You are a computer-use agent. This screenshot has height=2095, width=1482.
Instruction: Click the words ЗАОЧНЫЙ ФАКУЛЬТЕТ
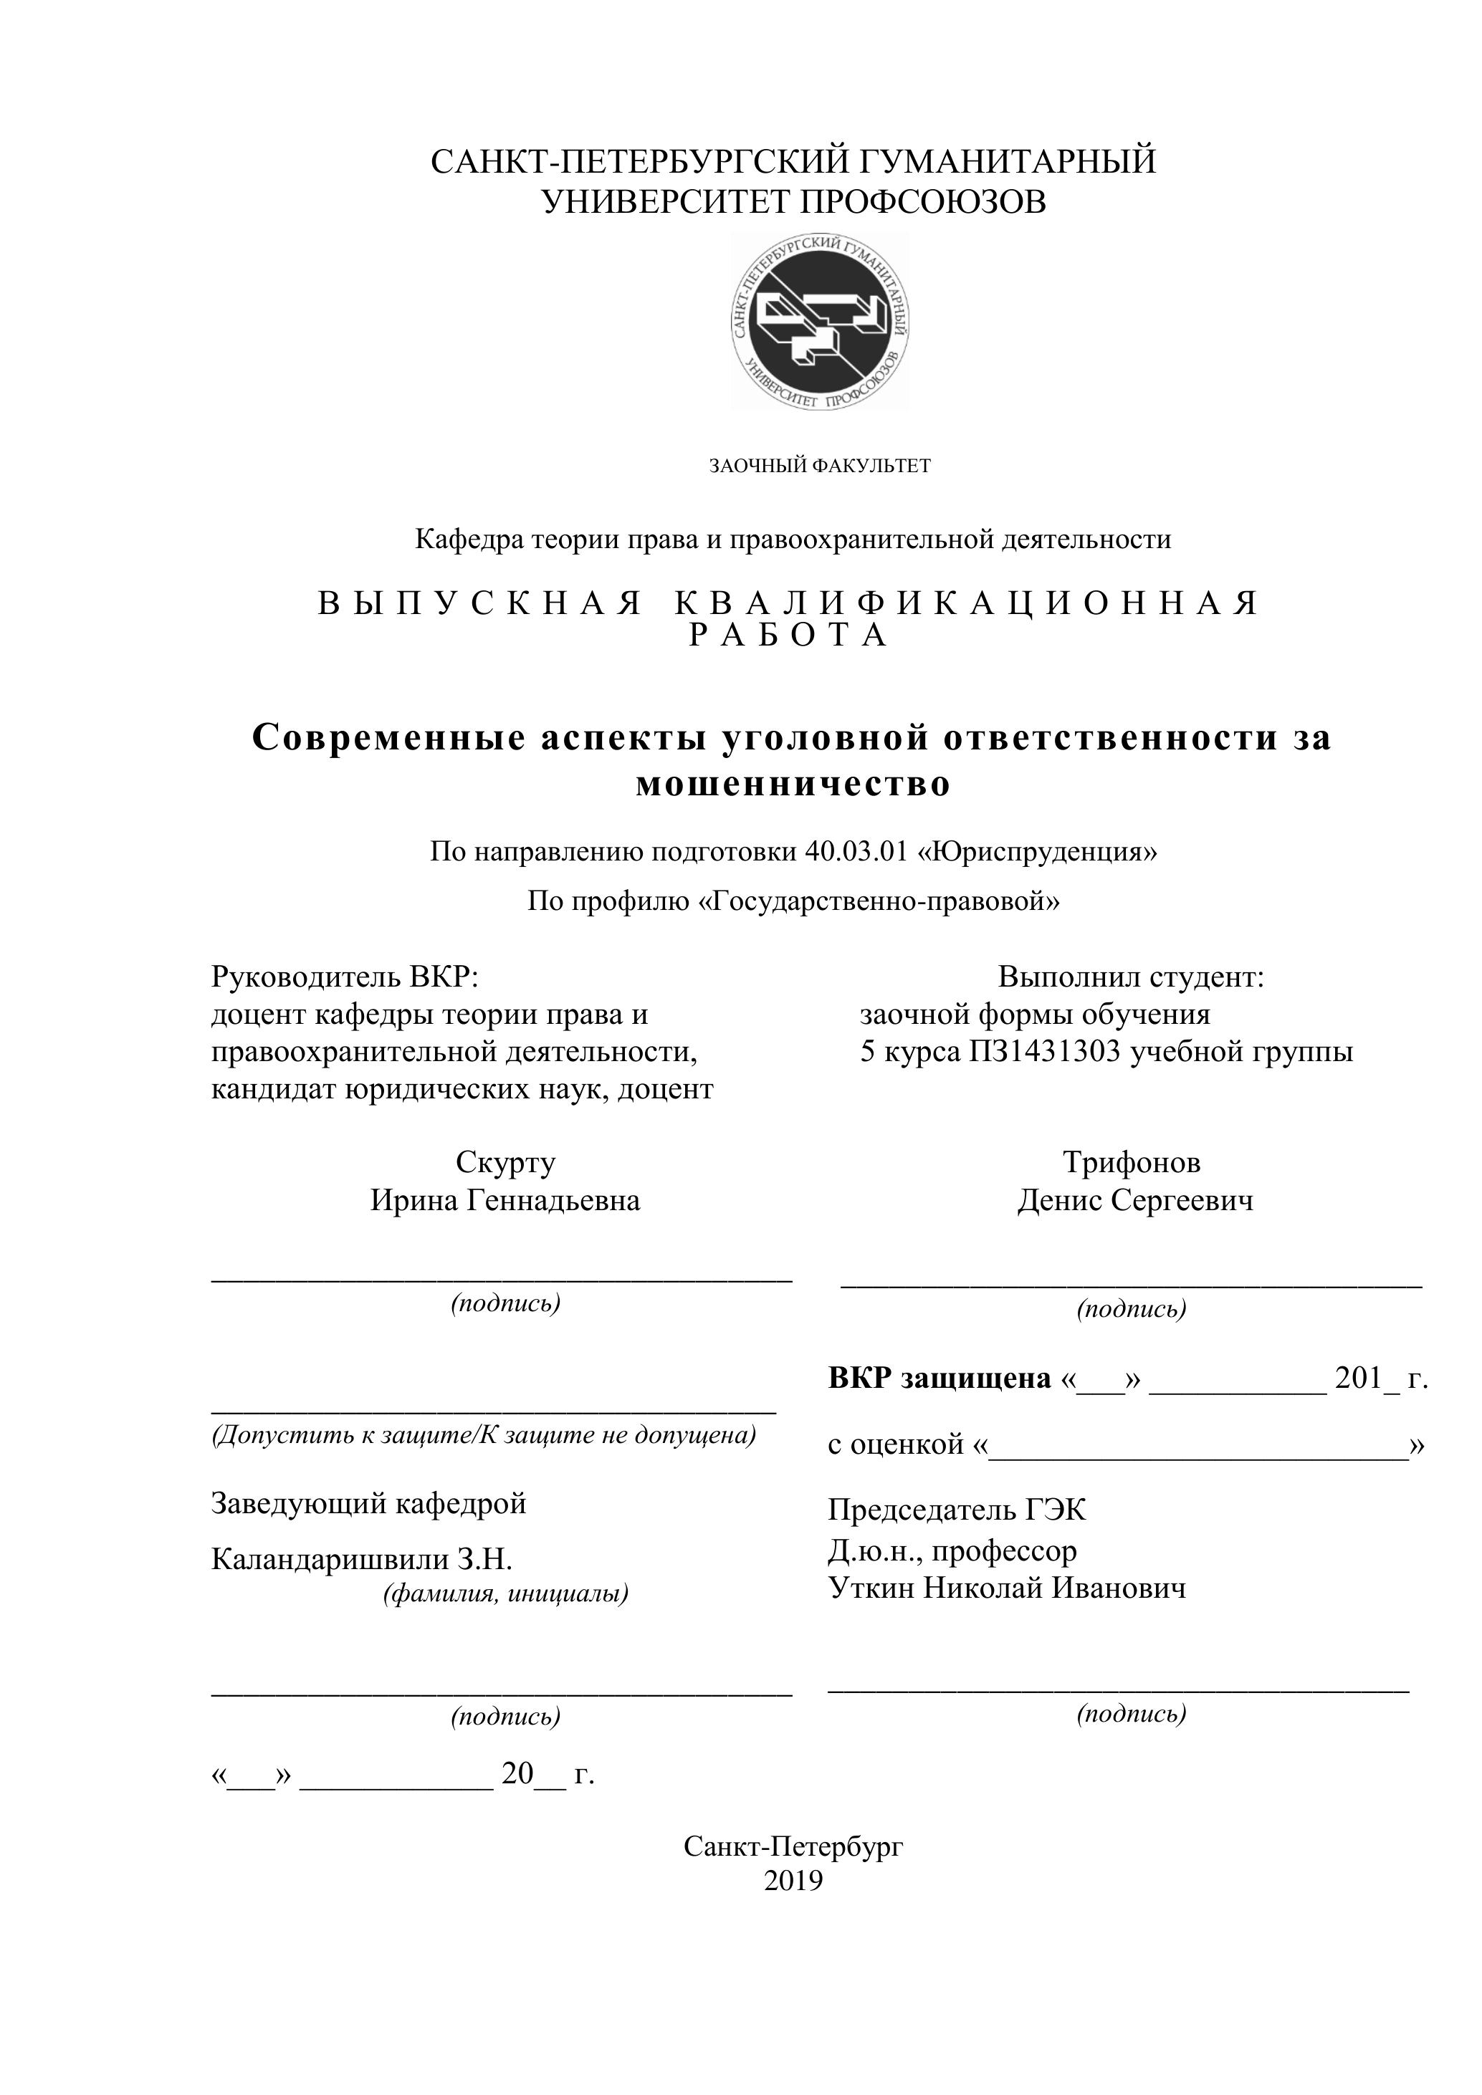point(820,466)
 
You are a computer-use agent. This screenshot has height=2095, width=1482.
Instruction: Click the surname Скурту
point(505,1162)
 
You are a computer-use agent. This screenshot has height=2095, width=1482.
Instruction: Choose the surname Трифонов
point(1131,1162)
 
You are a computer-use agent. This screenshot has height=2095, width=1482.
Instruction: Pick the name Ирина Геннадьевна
point(505,1200)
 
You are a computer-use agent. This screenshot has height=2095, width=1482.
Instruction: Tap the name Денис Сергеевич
point(1135,1200)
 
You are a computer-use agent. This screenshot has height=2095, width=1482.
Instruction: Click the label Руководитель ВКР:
point(345,977)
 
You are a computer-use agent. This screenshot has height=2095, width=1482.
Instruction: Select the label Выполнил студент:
point(1131,977)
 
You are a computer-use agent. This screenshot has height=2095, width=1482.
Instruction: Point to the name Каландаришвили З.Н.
point(361,1559)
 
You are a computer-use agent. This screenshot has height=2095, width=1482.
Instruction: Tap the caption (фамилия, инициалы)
point(505,1593)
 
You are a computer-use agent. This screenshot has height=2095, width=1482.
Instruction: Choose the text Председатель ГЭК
point(957,1510)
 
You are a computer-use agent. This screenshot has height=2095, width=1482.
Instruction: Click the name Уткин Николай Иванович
point(1007,1588)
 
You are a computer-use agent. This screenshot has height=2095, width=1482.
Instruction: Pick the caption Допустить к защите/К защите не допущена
point(484,1435)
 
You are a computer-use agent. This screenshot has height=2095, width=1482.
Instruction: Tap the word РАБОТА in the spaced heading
point(788,635)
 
